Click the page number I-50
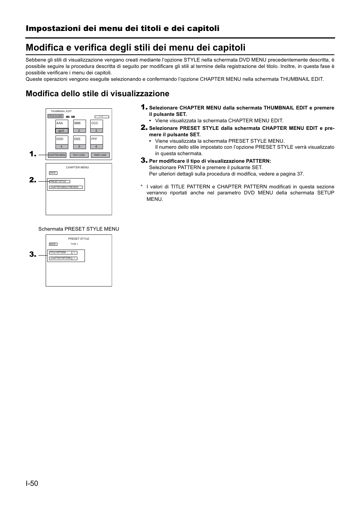pyautogui.click(x=32, y=484)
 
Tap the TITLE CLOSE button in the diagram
pyautogui.click(x=55, y=116)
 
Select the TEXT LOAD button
pyautogui.click(x=79, y=155)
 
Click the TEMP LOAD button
pyautogui.click(x=100, y=155)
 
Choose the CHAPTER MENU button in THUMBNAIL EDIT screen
pyautogui.click(x=57, y=155)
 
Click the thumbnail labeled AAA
pyautogui.click(x=62, y=124)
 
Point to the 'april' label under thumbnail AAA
pyautogui.click(x=62, y=131)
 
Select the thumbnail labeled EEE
pyautogui.click(x=79, y=140)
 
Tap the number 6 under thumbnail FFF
pyautogui.click(x=96, y=146)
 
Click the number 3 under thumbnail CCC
pyautogui.click(x=96, y=131)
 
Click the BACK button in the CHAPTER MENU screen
pyautogui.click(x=53, y=173)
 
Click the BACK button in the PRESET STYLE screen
pyautogui.click(x=53, y=244)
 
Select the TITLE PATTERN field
pyautogui.click(x=60, y=253)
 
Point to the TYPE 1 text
pyautogui.click(x=74, y=244)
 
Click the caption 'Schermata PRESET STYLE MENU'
pyautogui.click(x=78, y=229)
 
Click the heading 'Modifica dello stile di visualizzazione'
pyautogui.click(x=97, y=94)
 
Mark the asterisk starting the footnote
pyautogui.click(x=142, y=186)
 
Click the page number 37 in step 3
pyautogui.click(x=300, y=174)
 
